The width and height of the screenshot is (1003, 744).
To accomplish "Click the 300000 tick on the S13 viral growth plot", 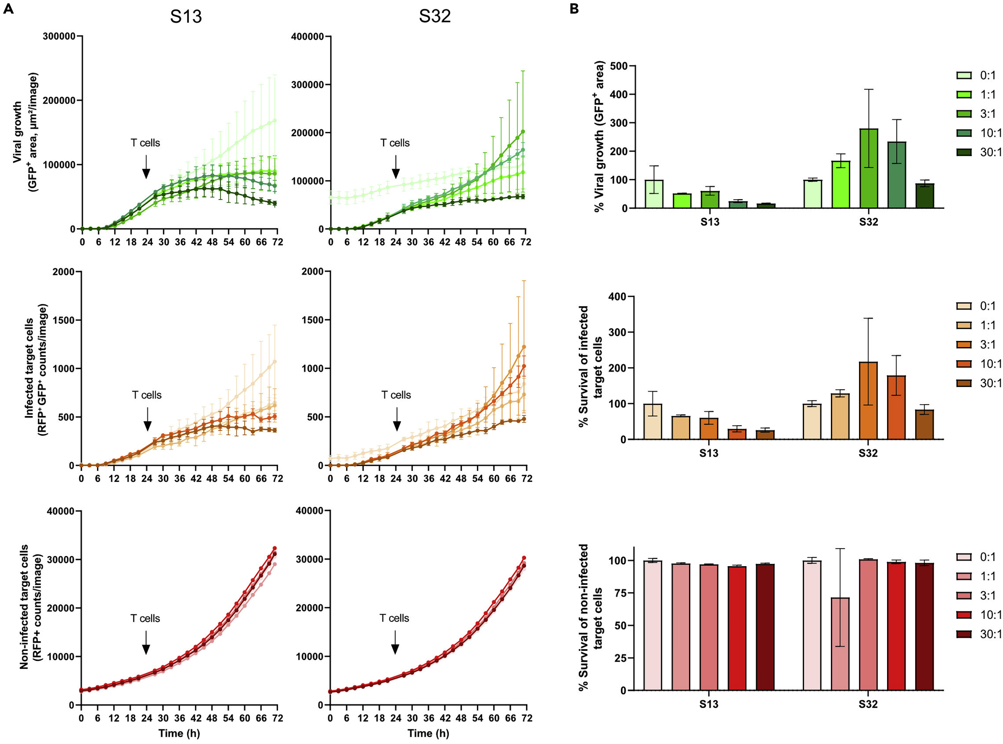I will click(x=59, y=37).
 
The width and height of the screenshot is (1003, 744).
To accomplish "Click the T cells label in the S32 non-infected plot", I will click(x=394, y=618).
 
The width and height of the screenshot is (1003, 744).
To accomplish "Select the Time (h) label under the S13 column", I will click(x=179, y=733).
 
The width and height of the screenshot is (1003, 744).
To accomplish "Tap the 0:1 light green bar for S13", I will click(x=654, y=194).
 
